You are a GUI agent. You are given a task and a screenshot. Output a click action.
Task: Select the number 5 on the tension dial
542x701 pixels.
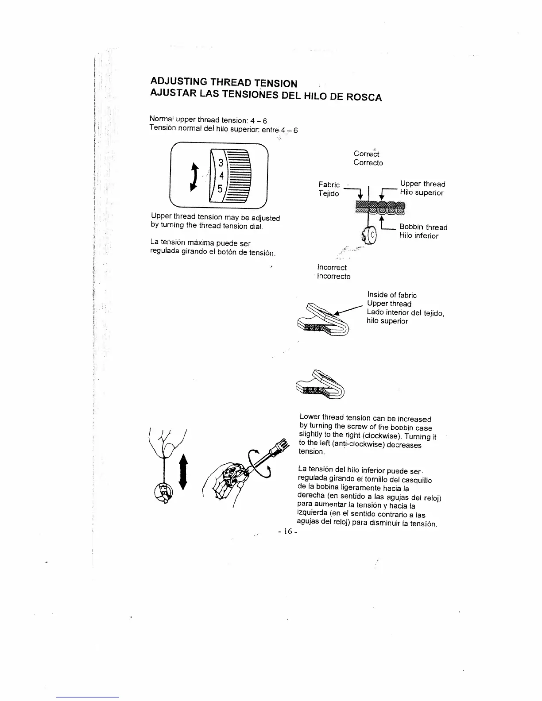tap(220, 188)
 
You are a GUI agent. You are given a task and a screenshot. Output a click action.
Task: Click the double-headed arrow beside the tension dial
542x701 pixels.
tap(194, 176)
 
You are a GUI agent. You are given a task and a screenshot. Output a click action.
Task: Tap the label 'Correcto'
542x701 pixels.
tap(368, 163)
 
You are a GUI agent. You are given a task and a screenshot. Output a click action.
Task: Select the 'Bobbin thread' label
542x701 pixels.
tap(423, 227)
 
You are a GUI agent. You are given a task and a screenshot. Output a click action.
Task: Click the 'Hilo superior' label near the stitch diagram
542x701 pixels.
tap(421, 193)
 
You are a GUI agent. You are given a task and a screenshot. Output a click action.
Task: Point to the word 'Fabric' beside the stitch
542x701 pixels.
tap(329, 185)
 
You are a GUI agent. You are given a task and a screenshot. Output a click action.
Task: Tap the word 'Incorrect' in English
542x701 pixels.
tap(332, 267)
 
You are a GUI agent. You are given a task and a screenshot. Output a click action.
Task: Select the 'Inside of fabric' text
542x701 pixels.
tap(392, 295)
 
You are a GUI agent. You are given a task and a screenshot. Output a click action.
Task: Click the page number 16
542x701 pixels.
tap(287, 532)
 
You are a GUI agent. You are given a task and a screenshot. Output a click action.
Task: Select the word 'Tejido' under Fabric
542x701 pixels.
tap(329, 194)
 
